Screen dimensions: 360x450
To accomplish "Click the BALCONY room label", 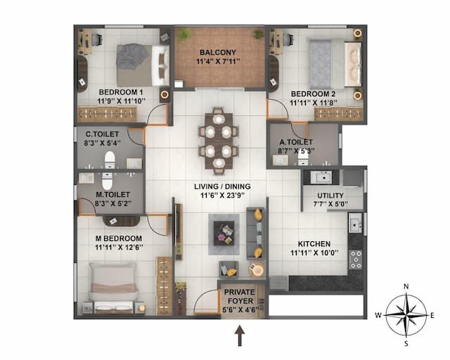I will tap(217, 53).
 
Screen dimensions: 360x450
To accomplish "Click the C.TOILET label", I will tap(102, 134).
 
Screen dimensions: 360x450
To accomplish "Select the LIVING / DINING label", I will tap(222, 186).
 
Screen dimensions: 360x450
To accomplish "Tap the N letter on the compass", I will tap(406, 286).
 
